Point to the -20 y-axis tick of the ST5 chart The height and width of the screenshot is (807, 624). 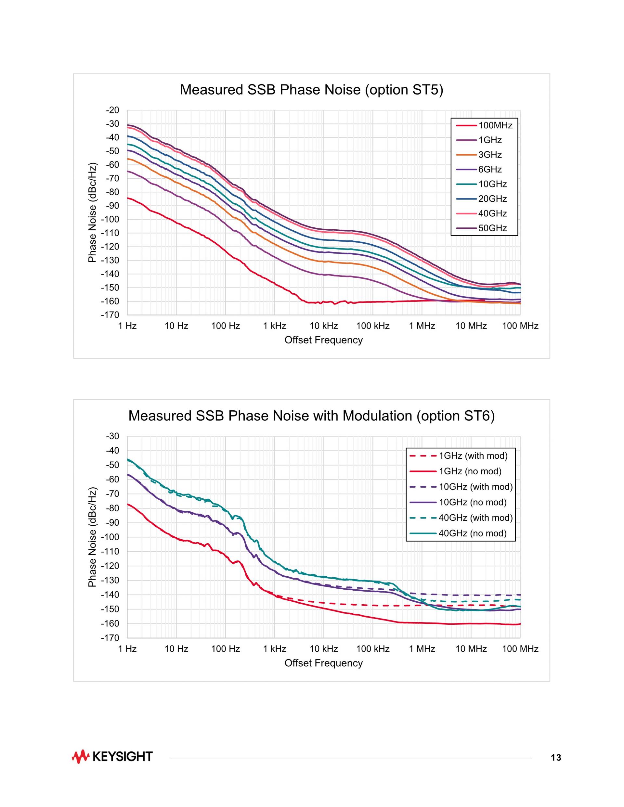(x=112, y=110)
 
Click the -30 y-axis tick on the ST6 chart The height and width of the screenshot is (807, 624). (x=112, y=436)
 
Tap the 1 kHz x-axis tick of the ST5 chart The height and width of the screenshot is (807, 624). (x=275, y=326)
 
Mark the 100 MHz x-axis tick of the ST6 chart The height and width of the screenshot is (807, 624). (x=520, y=649)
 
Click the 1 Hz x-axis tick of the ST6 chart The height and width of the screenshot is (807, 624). (x=127, y=649)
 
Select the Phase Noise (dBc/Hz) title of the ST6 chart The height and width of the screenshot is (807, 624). (x=92, y=537)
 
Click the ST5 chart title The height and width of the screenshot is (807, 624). (x=311, y=90)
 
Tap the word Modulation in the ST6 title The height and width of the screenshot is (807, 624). (x=377, y=416)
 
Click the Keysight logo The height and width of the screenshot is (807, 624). (x=112, y=756)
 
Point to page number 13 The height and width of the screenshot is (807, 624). (x=556, y=758)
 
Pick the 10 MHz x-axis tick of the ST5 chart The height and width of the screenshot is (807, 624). (x=471, y=326)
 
